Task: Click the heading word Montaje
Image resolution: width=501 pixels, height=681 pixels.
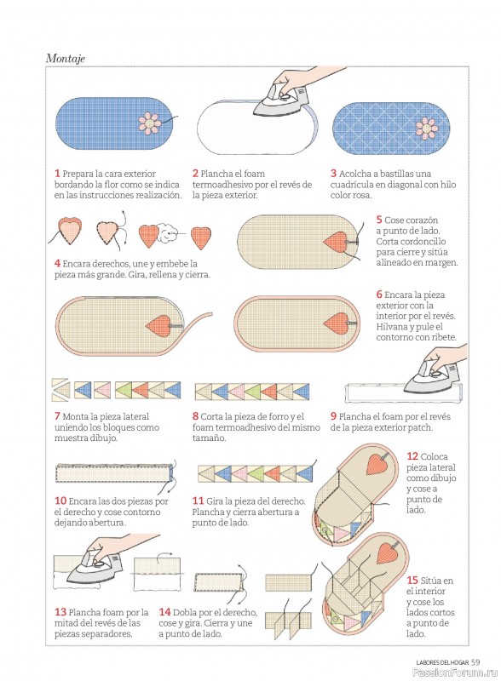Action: pyautogui.click(x=66, y=58)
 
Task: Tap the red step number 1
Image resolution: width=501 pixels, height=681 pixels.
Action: pyautogui.click(x=57, y=174)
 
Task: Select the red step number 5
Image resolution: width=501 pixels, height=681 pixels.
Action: pyautogui.click(x=379, y=220)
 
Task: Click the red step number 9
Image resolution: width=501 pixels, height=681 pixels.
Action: pyautogui.click(x=333, y=416)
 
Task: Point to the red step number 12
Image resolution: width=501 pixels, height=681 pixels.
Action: pyautogui.click(x=412, y=456)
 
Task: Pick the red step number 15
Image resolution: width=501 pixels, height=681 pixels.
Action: pyautogui.click(x=412, y=580)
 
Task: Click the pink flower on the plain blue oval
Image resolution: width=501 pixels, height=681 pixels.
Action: pyautogui.click(x=150, y=123)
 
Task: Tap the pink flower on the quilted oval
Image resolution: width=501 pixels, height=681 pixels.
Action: pyautogui.click(x=427, y=128)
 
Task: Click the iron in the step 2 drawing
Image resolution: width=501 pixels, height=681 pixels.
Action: pyautogui.click(x=279, y=100)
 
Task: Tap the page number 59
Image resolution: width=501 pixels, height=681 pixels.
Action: pyautogui.click(x=475, y=662)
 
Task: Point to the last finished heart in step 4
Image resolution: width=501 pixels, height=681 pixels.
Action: pyautogui.click(x=201, y=237)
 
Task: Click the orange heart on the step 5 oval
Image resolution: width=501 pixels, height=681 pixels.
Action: pyautogui.click(x=337, y=242)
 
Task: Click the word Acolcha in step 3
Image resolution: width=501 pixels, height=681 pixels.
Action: pyautogui.click(x=354, y=174)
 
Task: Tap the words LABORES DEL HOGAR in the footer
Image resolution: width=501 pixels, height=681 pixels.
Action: pyautogui.click(x=442, y=662)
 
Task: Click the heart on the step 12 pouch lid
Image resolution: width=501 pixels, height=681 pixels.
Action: pyautogui.click(x=377, y=464)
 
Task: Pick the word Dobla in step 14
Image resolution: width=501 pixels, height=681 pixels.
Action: pyautogui.click(x=184, y=612)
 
